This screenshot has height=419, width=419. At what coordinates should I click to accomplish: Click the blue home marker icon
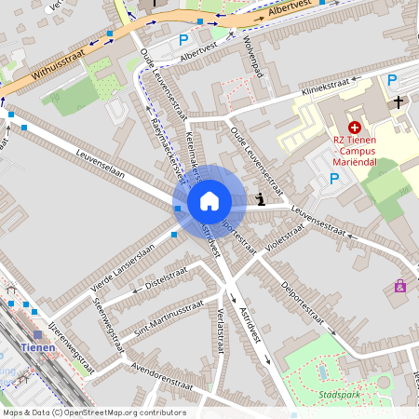pos(209,200)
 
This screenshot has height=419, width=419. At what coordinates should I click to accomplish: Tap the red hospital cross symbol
pos(354,128)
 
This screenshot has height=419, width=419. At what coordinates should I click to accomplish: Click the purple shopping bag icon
pos(400,286)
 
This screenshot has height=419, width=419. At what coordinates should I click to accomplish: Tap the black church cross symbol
pos(398,101)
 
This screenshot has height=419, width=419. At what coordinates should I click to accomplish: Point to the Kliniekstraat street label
pos(331,87)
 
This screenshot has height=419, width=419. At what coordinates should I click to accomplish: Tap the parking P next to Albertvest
pos(183,40)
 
